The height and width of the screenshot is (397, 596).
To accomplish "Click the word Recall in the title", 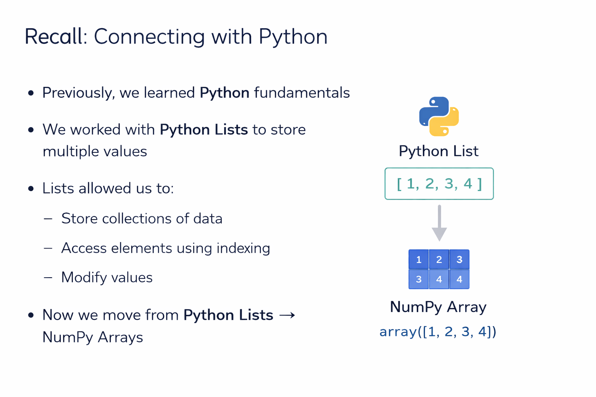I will (53, 37).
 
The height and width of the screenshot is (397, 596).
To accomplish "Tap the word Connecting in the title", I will (149, 37).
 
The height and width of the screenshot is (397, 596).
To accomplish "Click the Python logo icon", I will (439, 116).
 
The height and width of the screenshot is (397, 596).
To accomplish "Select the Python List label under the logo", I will (438, 151).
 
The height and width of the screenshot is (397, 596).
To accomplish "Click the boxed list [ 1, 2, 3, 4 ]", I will (439, 184).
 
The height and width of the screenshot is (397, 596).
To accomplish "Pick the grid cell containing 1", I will (419, 259).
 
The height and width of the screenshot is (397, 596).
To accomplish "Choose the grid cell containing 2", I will (439, 259).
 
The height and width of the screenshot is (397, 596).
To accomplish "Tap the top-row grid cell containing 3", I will (459, 259).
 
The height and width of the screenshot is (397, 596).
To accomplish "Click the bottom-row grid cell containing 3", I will (419, 279).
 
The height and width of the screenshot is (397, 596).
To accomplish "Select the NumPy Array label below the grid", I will (438, 307).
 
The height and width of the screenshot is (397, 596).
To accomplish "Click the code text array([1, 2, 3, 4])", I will (438, 332).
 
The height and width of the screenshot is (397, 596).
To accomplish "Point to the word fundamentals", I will (302, 93).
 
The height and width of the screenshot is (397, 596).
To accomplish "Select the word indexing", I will (243, 248).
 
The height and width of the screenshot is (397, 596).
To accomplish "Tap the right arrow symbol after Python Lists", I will (287, 315).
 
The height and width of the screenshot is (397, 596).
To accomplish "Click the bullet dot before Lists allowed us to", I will (31, 189).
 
